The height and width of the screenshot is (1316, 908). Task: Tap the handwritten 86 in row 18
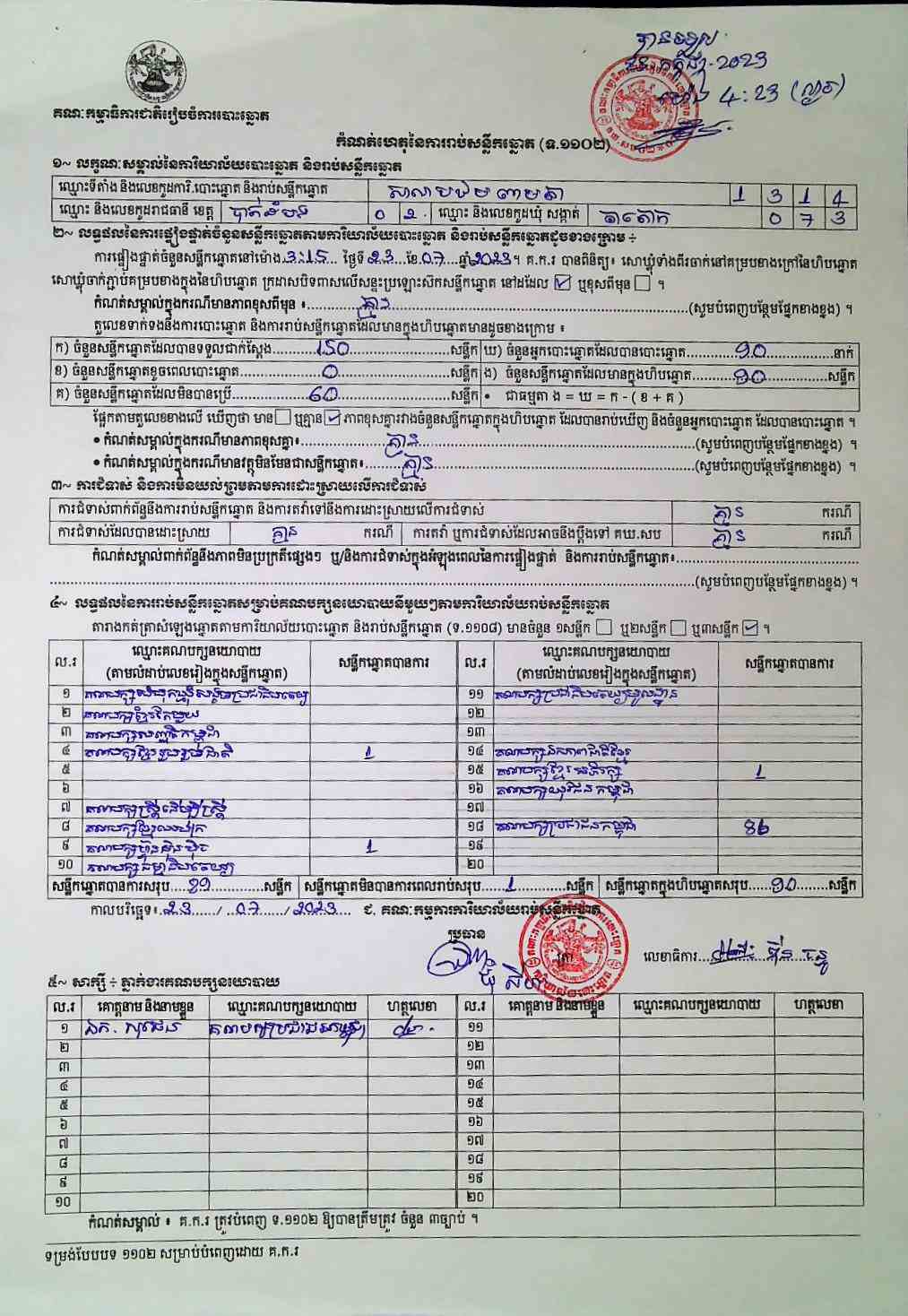[757, 827]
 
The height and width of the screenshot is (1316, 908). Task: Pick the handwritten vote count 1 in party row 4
[368, 753]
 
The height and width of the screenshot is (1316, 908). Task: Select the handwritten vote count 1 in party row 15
[759, 772]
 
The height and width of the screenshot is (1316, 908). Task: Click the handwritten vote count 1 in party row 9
[371, 846]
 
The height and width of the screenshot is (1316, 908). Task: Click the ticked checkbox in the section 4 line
[751, 628]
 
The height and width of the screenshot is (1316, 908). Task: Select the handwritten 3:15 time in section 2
[301, 258]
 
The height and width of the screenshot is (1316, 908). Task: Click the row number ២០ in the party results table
[475, 864]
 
